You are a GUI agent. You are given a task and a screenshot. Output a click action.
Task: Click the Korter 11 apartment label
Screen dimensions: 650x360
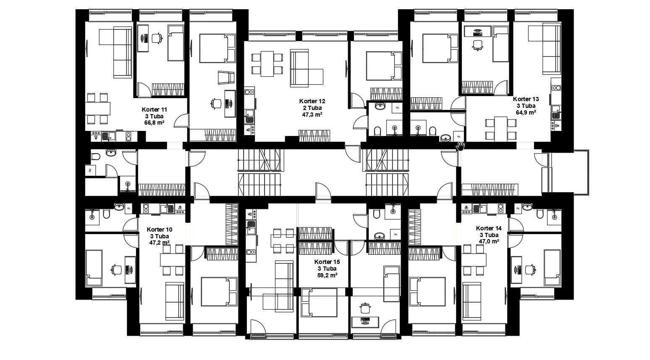coord(155,110)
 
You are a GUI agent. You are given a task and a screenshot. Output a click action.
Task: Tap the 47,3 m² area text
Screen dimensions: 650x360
coord(312,115)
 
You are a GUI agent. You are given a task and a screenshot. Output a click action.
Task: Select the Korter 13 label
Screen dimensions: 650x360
coord(526,99)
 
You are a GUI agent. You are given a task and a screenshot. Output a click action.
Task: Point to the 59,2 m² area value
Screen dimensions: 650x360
coord(327,275)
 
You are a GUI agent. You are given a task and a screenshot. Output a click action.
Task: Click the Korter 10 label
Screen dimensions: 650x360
coord(160,230)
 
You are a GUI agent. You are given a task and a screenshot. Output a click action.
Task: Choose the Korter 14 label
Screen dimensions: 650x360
coord(489,228)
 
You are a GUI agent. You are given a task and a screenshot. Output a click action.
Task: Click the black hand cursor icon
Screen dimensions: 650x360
coord(460,146)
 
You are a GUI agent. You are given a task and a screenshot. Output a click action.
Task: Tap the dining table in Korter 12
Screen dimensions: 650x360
coord(267,64)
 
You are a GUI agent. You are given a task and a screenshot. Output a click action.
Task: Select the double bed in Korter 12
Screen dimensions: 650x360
coord(384,66)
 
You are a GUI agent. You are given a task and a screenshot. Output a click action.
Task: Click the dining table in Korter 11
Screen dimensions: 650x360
coord(97,109)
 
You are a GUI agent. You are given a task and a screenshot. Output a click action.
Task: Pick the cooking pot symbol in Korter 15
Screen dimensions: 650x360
coord(365,308)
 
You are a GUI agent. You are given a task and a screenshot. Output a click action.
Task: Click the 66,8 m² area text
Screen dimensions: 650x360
coord(155,123)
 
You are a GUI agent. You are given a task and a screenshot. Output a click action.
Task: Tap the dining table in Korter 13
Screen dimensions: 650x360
coord(501,129)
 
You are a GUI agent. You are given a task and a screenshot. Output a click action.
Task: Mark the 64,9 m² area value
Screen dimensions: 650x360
coord(526,112)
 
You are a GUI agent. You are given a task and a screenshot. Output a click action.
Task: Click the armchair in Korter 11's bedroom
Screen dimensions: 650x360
coord(226,78)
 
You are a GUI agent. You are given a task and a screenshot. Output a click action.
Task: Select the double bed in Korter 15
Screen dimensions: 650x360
coord(319,303)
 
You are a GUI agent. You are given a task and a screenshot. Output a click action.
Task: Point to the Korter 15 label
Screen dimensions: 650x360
coord(327,262)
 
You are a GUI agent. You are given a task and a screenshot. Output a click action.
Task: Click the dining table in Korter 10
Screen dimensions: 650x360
coord(173,260)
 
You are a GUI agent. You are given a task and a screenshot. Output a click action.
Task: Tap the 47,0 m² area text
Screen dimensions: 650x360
coord(489,241)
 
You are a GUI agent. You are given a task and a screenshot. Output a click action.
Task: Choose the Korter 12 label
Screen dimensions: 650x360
coord(312,101)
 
